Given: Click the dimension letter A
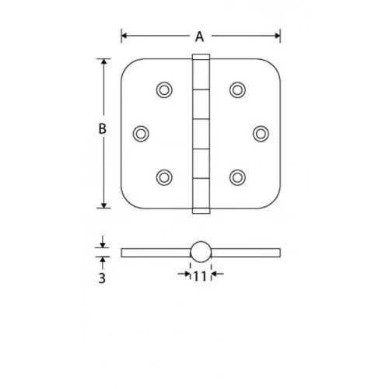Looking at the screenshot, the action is click(199, 37).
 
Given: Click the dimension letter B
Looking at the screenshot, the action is click(103, 128).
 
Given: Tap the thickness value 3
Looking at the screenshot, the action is click(102, 278).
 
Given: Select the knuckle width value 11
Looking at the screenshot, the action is click(200, 276).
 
